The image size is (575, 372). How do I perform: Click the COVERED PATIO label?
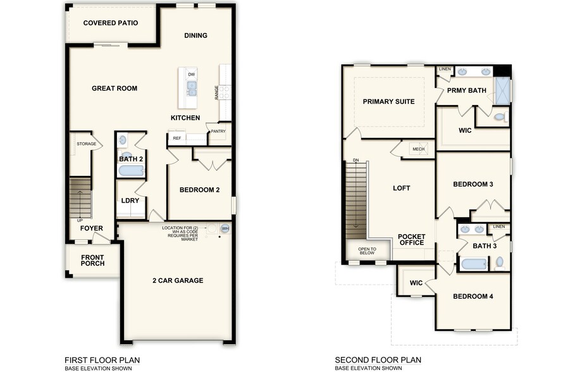point(111,23)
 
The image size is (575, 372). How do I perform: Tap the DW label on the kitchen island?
point(191,74)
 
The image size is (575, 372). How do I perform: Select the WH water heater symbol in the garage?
point(225,228)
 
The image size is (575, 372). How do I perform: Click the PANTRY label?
point(219,132)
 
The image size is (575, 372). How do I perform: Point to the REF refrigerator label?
point(177,138)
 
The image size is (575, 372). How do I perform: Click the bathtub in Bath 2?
point(131,171)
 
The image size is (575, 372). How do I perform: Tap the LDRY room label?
point(130,201)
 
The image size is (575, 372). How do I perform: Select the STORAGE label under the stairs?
point(86,144)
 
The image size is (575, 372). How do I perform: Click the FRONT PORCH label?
point(92,260)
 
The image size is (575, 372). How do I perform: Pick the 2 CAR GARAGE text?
point(177,280)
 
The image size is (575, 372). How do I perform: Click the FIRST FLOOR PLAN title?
point(102,360)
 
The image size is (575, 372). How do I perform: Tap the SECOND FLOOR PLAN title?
point(378,360)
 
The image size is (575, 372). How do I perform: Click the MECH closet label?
point(418,149)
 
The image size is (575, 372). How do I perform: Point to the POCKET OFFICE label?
point(411,240)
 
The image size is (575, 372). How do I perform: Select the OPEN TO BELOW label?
point(368,251)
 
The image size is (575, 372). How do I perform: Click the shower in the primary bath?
point(503,90)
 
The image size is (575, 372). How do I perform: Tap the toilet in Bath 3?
point(500,261)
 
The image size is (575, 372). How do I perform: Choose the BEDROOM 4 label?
point(473,297)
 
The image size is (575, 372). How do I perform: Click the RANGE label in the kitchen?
point(217,92)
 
